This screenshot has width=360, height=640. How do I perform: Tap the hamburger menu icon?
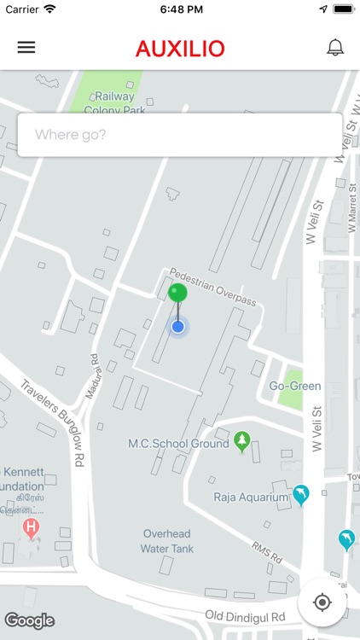coord(26,48)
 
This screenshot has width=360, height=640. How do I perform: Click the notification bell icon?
coord(335,48)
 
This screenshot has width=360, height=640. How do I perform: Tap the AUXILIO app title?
coord(180,49)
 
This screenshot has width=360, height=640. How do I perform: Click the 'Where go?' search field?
coord(179,135)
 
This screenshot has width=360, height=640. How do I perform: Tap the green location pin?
coord(177,294)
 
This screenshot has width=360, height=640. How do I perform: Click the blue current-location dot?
coord(177,326)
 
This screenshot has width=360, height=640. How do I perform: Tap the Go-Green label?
coord(295,386)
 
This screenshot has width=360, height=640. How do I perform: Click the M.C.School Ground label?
coord(178,444)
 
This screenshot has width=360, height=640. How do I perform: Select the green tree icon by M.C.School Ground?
coord(242,441)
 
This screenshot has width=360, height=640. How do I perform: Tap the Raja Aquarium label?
coord(251,497)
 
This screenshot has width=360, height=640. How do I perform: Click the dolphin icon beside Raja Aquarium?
coord(300,495)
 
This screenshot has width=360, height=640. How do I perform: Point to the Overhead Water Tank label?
coord(168,541)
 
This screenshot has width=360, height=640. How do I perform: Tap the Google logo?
coord(29,620)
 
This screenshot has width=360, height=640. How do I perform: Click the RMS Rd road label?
coord(266,553)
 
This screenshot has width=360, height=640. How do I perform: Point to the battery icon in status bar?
coord(343,9)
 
